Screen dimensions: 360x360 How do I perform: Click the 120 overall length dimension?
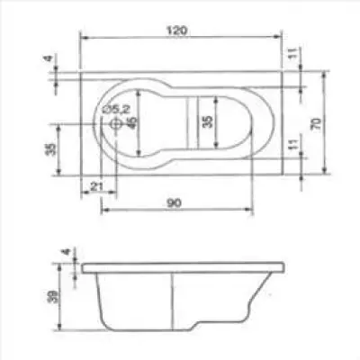(x=176, y=31)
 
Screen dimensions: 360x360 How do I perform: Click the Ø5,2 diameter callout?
(x=117, y=110)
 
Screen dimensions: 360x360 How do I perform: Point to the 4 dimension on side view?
(x=66, y=254)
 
